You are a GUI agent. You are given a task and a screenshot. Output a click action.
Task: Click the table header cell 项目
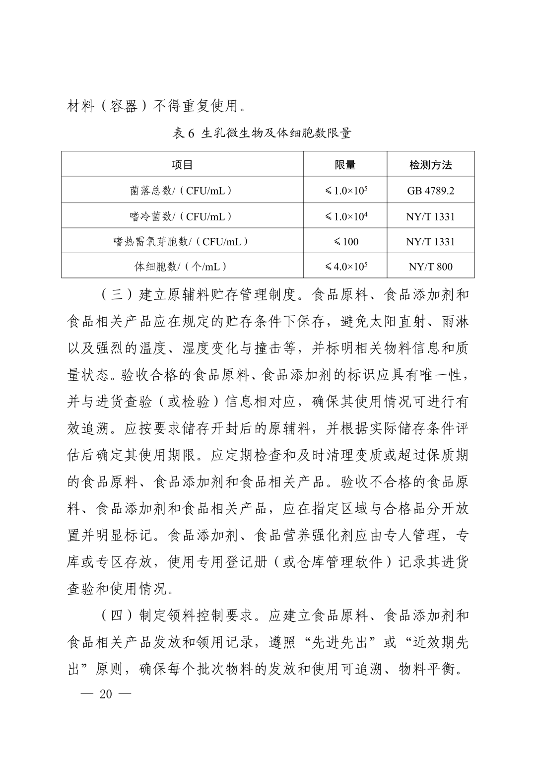(x=182, y=165)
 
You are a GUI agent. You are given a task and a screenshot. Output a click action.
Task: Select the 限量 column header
(x=345, y=165)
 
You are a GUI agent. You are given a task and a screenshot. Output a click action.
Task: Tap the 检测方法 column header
(x=430, y=165)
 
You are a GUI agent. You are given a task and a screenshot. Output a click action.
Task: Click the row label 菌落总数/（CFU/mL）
(x=182, y=191)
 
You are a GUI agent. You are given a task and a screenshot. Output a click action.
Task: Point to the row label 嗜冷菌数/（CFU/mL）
(x=182, y=216)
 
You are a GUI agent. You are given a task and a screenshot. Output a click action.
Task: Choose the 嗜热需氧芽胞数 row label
(x=182, y=242)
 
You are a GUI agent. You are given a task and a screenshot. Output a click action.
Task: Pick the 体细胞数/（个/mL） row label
(x=182, y=267)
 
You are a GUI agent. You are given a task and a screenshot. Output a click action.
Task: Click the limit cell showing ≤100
(x=345, y=242)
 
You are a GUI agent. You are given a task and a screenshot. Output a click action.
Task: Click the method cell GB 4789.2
(x=430, y=191)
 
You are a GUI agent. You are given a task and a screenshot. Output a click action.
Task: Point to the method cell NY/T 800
(x=430, y=267)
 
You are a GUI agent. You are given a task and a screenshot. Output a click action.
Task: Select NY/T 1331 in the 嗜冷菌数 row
(x=430, y=216)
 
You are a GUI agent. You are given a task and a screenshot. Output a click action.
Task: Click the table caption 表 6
(x=185, y=133)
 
